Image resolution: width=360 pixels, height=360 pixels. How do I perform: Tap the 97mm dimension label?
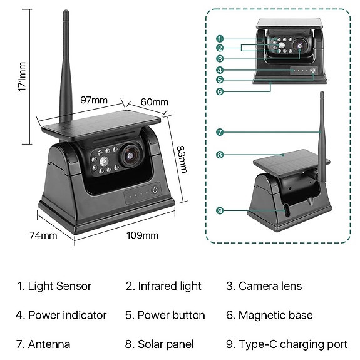click(94, 100)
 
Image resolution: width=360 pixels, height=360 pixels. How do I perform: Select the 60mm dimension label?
click(154, 102)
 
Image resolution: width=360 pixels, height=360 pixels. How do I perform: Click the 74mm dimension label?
click(44, 235)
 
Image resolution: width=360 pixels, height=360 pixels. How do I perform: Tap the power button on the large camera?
click(155, 190)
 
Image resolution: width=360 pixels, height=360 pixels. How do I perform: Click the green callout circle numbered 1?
click(220, 38)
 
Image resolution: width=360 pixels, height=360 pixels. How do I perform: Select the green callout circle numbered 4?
click(220, 69)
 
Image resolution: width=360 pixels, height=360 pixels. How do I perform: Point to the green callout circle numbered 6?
click(220, 91)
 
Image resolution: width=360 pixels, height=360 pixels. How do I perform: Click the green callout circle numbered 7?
click(220, 132)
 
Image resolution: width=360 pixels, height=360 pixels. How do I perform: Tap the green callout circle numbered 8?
click(220, 155)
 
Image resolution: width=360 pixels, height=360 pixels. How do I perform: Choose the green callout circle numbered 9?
click(220, 210)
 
